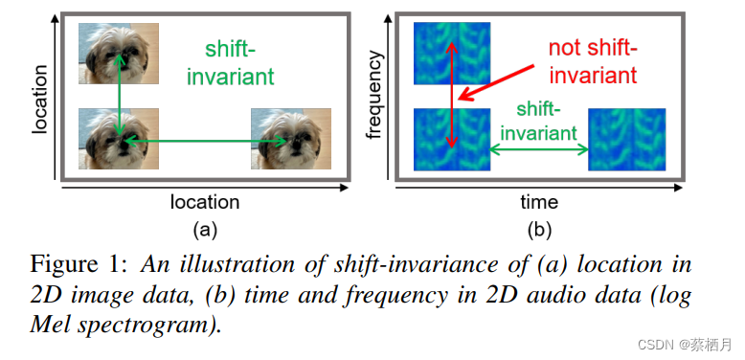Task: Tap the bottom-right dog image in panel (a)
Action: click(x=291, y=139)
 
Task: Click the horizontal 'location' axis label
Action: click(x=204, y=202)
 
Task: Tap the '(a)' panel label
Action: click(x=204, y=229)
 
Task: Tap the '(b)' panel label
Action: click(x=539, y=229)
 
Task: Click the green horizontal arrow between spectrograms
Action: click(x=539, y=148)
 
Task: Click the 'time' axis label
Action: click(x=539, y=202)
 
